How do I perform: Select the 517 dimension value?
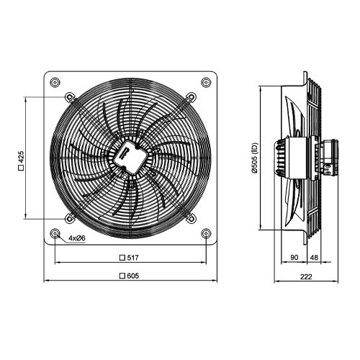[135, 257]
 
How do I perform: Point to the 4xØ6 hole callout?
[77, 238]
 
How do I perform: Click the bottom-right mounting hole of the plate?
[207, 233]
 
